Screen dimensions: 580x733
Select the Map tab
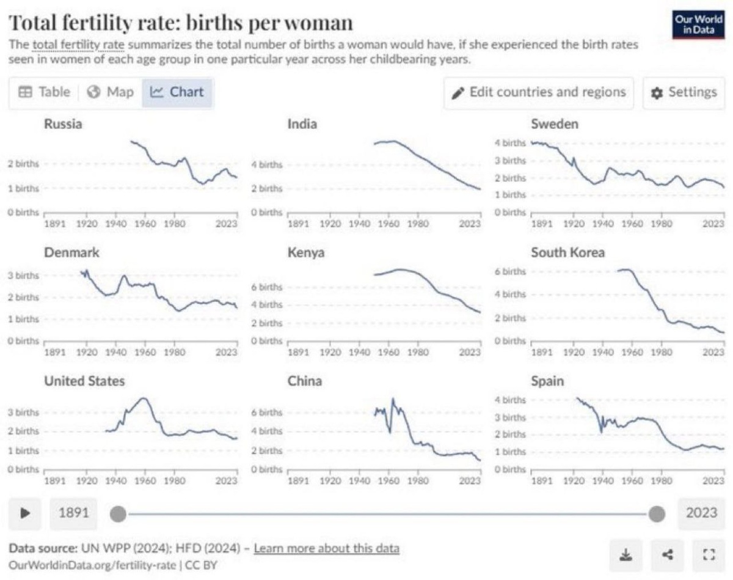(111, 92)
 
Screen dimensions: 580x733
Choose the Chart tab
(178, 92)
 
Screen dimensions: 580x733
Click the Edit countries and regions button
(539, 92)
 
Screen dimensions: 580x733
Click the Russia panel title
(63, 124)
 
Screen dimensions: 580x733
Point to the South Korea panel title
(567, 252)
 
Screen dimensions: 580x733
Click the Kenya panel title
(305, 252)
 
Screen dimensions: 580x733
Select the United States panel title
(84, 381)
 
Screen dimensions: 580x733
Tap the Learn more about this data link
(326, 548)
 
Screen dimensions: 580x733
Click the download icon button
(626, 554)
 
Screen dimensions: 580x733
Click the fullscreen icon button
(709, 554)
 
